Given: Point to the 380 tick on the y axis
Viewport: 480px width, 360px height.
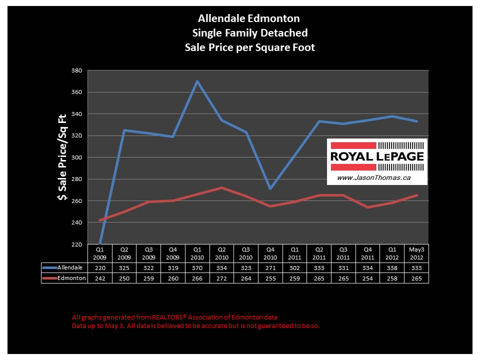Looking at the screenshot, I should pyautogui.click(x=76, y=70).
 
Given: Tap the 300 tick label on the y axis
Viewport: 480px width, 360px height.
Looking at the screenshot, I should pyautogui.click(x=76, y=157).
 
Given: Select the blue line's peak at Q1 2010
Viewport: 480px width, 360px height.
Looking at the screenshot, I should pyautogui.click(x=197, y=81).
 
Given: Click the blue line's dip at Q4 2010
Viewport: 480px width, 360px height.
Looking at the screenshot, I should pyautogui.click(x=270, y=188).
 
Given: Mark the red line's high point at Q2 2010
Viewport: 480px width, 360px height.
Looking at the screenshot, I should pyautogui.click(x=221, y=187).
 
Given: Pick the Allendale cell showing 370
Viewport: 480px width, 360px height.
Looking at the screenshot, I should pyautogui.click(x=197, y=268).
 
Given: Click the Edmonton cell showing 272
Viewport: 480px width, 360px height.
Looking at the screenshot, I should pyautogui.click(x=221, y=278).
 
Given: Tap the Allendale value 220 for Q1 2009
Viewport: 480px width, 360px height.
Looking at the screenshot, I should pyautogui.click(x=99, y=268).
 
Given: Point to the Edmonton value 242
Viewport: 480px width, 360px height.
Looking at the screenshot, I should pyautogui.click(x=99, y=278).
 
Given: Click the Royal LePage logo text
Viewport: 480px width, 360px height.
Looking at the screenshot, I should pyautogui.click(x=377, y=156).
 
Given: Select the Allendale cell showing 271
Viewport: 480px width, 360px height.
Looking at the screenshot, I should pyautogui.click(x=270, y=268).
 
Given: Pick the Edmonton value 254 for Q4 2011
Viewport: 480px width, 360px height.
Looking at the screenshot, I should pyautogui.click(x=367, y=278).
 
